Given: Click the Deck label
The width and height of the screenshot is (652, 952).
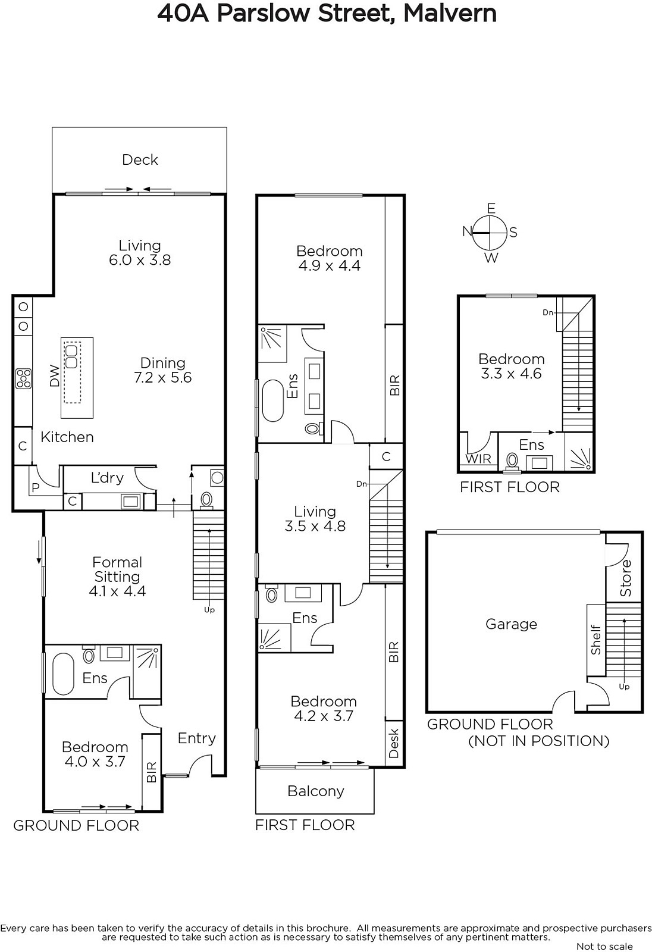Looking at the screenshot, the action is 140,160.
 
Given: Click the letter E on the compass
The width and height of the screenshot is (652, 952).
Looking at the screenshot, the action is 491,208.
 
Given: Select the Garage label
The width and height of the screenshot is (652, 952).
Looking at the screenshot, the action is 512,624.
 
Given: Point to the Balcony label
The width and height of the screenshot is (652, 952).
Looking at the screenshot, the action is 315,791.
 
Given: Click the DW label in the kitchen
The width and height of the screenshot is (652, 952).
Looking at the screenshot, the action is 54,375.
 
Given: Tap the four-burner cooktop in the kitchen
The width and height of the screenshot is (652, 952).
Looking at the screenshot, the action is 23,378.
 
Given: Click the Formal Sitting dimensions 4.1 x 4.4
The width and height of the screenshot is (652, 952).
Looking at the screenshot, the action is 117,591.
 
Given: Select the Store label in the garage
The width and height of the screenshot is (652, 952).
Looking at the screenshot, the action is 625,578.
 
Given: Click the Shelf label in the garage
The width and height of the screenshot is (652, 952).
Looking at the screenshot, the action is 595,640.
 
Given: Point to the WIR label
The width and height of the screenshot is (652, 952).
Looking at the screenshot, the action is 478,459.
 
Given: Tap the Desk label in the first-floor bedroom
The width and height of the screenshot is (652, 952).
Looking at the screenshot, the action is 394,743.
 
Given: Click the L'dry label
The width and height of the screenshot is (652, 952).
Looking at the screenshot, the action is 107,478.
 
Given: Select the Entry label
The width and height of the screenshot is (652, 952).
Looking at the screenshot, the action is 196,738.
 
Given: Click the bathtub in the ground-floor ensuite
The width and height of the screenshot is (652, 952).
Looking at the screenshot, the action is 63,674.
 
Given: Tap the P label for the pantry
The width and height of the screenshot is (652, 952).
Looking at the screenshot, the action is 35,488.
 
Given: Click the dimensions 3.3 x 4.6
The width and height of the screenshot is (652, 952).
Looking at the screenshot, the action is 512,374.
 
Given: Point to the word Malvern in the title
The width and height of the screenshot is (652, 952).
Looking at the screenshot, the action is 450,13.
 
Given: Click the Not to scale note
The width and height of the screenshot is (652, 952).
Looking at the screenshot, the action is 604,946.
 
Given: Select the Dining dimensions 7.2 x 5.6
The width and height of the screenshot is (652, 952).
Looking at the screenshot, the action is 163,377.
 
